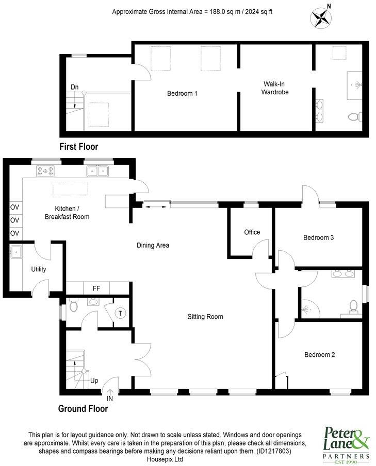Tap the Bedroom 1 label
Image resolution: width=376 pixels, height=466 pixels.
click(182, 94)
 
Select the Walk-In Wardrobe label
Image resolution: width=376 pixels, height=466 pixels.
click(275, 88)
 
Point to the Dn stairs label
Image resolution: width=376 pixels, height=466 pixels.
click(75, 87)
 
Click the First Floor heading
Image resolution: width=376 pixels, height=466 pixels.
click(78, 147)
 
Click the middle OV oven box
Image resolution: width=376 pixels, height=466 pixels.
click(15, 220)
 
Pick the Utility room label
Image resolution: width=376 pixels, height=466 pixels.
click(39, 269)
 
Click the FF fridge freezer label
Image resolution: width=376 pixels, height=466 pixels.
click(96, 288)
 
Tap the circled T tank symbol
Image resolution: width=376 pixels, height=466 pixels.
click(121, 313)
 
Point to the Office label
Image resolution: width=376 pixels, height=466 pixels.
click(252, 232)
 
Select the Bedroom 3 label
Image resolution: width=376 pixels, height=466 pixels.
click(319, 237)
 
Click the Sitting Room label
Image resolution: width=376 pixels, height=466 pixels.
click(205, 317)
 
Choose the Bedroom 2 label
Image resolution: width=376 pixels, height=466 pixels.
click(320, 355)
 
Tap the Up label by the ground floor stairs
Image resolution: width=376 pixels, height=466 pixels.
click(94, 381)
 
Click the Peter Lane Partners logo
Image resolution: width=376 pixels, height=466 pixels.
click(346, 443)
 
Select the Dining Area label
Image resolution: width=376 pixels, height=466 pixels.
click(153, 245)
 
